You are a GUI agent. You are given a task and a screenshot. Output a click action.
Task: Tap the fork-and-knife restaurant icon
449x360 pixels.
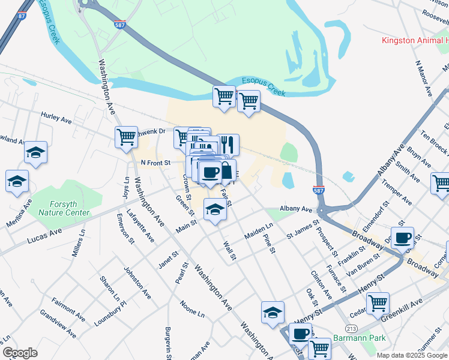pos(228,144)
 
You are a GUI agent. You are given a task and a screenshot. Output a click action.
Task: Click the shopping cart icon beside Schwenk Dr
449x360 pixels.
pos(126,137)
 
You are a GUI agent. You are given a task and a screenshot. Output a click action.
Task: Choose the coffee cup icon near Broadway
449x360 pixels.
pos(402,236)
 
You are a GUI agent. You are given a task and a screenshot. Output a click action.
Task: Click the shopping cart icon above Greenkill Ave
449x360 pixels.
pos(378,303)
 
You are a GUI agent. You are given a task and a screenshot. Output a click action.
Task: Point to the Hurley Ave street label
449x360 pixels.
pos(56,117)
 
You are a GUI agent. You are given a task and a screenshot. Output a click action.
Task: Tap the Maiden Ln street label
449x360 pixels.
pos(259,232)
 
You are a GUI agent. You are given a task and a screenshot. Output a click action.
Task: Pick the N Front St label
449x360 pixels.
pos(155,162)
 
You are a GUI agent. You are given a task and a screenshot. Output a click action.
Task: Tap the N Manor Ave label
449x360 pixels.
pos(424,78)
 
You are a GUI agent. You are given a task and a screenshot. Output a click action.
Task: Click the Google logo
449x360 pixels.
pos(20,353)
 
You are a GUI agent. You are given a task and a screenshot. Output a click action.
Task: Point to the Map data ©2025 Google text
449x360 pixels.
pos(411,355)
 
